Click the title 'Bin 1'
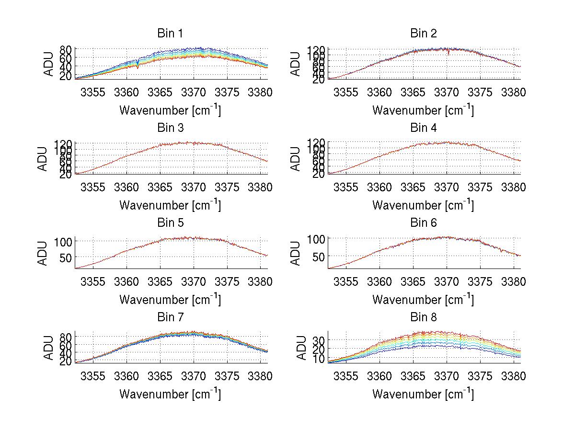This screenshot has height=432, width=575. [170, 34]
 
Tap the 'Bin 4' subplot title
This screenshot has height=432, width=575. [424, 128]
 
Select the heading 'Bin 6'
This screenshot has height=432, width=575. [424, 223]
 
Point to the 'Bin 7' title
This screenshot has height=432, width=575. [170, 317]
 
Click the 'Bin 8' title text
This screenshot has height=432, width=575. [424, 317]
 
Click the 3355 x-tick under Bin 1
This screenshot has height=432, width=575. [93, 93]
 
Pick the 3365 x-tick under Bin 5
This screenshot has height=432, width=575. [160, 282]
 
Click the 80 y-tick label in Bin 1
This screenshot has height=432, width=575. [66, 49]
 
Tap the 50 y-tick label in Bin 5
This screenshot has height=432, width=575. [66, 257]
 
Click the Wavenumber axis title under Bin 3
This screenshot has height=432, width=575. [170, 205]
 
